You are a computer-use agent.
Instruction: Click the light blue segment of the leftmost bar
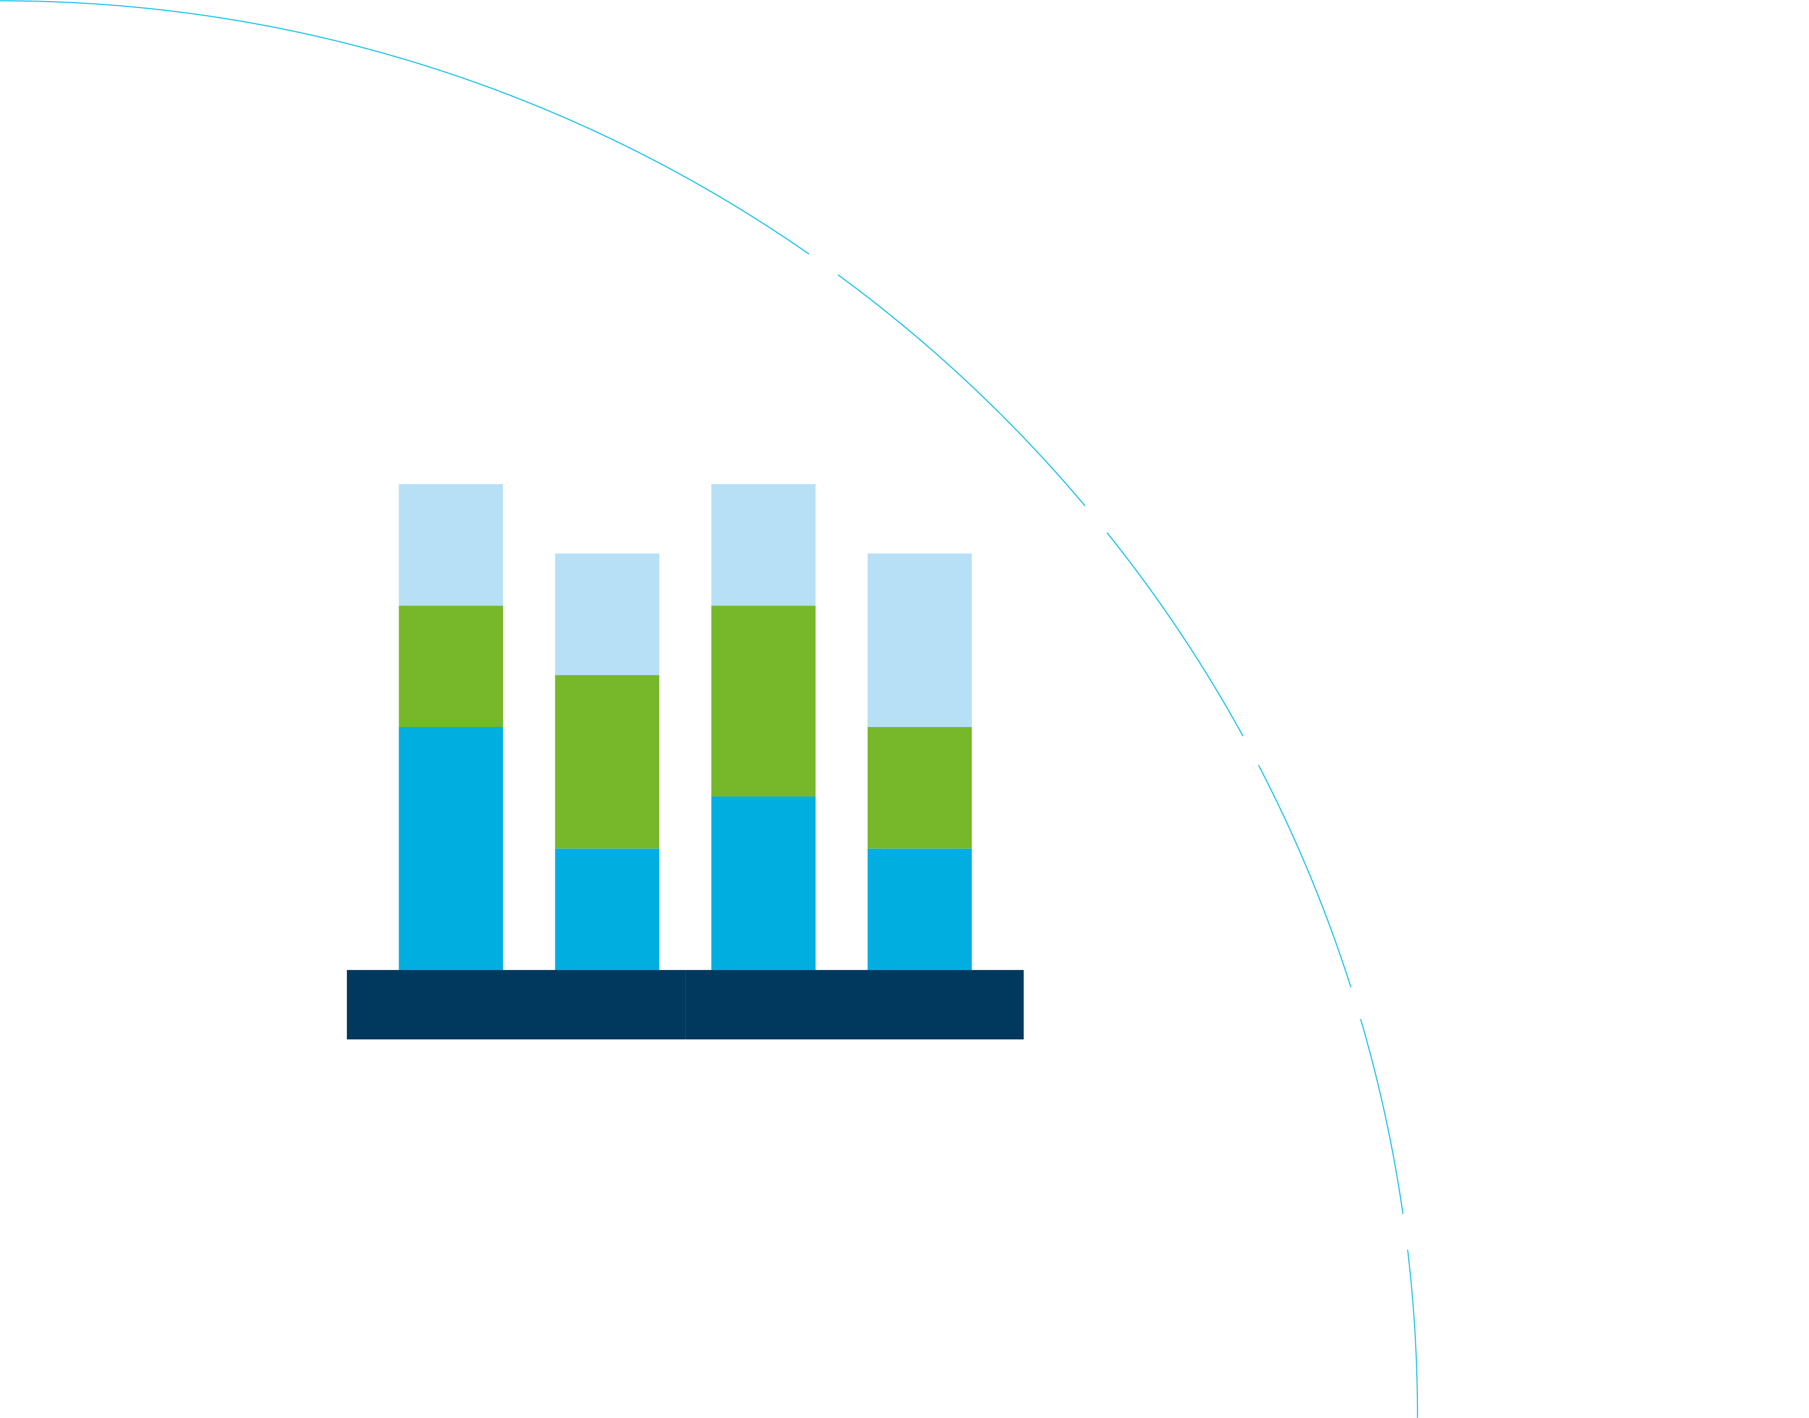tap(450, 544)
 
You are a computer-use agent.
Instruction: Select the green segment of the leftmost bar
tap(450, 666)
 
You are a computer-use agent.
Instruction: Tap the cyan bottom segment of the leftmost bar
tap(450, 847)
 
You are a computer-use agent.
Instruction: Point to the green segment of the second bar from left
tap(607, 762)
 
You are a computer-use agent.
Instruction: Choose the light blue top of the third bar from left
tap(762, 544)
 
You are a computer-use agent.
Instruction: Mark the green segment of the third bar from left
tap(762, 701)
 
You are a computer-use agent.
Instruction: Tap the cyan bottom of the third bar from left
tap(762, 883)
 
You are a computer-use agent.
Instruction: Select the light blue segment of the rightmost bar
tap(919, 639)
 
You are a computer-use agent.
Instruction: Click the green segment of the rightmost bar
tap(919, 787)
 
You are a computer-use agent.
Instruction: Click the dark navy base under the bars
tap(684, 1004)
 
